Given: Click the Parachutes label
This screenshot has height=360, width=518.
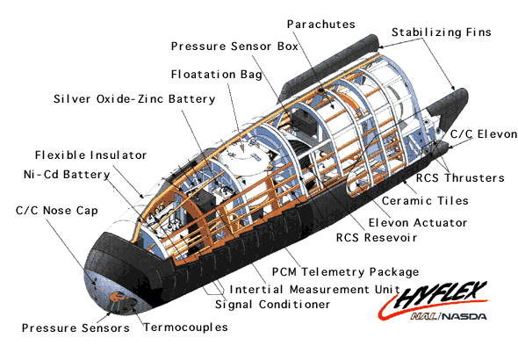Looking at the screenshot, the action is [320, 24].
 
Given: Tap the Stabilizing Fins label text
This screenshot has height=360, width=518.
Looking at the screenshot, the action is [442, 32].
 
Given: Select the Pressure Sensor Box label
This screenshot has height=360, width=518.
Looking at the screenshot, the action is [234, 47].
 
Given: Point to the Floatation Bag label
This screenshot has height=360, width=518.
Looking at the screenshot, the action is [216, 75].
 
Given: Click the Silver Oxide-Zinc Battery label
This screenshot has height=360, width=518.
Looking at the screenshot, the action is [134, 98].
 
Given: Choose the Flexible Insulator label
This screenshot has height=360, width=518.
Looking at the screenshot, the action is [90, 155].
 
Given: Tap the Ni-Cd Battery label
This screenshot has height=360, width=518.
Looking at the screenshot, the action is [67, 174].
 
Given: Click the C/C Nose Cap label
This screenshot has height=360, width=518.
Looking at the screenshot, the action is [57, 211].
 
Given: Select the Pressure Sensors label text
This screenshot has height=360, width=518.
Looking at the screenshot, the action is [76, 328].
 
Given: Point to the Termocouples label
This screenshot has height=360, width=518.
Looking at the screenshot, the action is [185, 328].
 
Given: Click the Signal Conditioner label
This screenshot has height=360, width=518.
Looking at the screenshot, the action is [272, 304].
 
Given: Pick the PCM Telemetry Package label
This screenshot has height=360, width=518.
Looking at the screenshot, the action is [345, 272].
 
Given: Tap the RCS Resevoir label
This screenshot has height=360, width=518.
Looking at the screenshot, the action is [377, 237].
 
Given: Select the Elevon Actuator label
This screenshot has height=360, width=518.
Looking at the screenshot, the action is [418, 223].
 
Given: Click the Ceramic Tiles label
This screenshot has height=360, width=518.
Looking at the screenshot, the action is [425, 201].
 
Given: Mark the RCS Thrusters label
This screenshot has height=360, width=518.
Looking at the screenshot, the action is [460, 178].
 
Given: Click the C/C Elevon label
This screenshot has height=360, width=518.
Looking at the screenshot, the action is [484, 134].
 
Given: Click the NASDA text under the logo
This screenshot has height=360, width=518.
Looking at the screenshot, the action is [464, 317].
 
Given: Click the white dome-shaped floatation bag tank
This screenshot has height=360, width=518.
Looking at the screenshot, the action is [244, 165].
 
